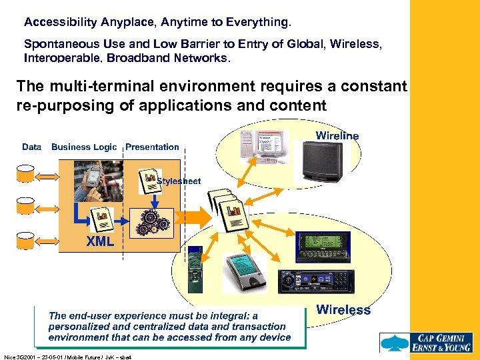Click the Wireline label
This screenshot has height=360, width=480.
[337, 136]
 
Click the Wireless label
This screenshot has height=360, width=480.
[343, 309]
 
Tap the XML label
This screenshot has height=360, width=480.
[100, 242]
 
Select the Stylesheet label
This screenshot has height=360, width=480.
[179, 181]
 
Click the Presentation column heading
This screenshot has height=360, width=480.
[152, 147]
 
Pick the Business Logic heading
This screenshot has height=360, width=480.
[84, 147]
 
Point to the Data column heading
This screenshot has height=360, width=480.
[31, 147]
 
